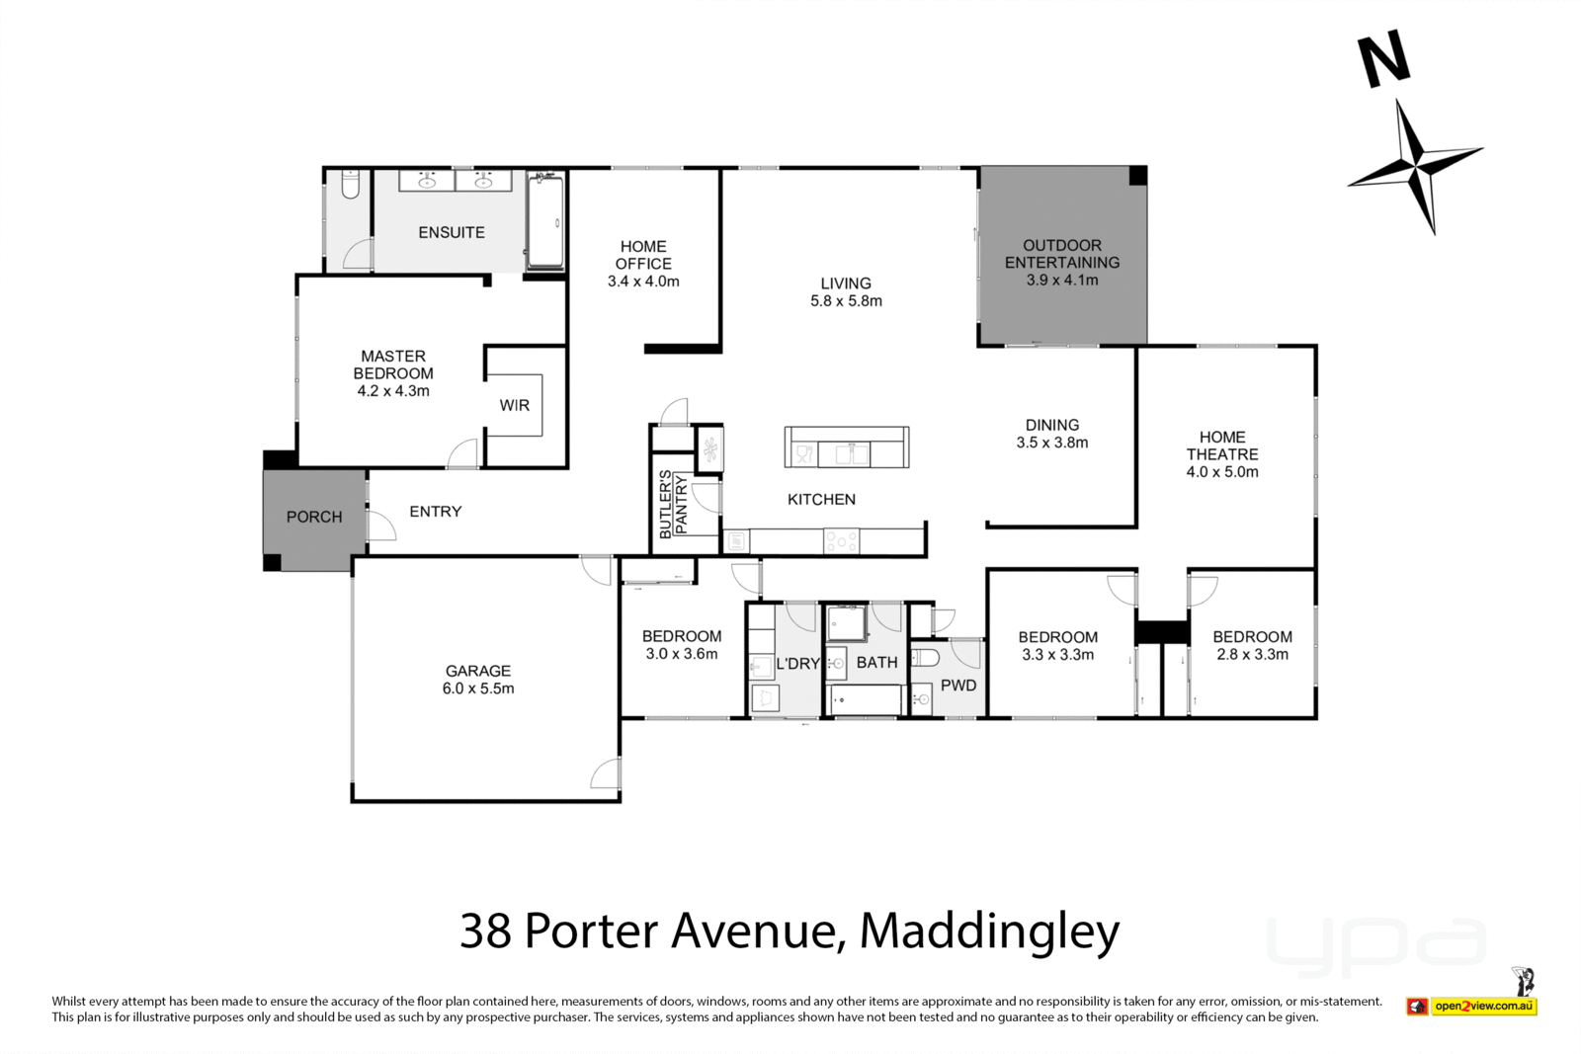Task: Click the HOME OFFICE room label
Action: tap(643, 255)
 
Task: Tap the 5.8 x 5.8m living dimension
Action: tap(846, 301)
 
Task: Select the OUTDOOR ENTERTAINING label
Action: tap(1062, 254)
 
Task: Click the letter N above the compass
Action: tap(1383, 62)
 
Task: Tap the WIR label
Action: tap(514, 405)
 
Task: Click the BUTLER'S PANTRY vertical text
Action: tap(673, 505)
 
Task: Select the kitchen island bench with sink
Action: tap(847, 448)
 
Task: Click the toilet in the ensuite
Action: tap(350, 185)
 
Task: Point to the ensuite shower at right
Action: tap(544, 222)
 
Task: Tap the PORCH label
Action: tap(314, 517)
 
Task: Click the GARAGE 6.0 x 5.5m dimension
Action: tap(478, 689)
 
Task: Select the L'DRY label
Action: tap(797, 664)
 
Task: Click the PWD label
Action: tap(958, 686)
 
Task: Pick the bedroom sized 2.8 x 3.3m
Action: tap(1252, 645)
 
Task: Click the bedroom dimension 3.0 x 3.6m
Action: tap(682, 654)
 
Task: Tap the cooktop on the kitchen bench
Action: tap(841, 541)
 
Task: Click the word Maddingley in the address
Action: tap(989, 930)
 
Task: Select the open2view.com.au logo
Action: tap(1483, 1007)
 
